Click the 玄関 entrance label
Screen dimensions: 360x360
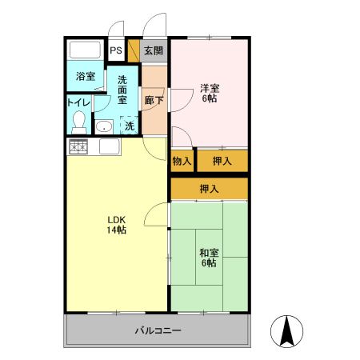(154, 51)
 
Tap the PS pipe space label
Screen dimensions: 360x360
(116, 51)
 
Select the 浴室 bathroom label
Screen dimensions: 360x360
(86, 77)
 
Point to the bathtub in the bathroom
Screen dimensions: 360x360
(86, 50)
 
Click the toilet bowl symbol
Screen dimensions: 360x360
(78, 122)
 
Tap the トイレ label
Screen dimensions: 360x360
(78, 102)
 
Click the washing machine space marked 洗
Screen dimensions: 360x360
(129, 125)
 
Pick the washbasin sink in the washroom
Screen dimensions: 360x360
(104, 126)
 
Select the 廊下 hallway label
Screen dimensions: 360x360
(154, 101)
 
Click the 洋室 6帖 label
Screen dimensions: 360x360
(209, 94)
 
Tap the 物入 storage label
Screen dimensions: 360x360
(182, 161)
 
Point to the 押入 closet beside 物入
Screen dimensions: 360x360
(222, 161)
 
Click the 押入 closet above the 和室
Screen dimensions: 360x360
(209, 189)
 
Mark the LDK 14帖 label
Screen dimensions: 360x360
(117, 225)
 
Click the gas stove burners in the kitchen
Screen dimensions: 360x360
(78, 147)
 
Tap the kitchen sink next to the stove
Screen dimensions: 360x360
(109, 147)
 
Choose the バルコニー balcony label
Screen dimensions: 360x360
(157, 330)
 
